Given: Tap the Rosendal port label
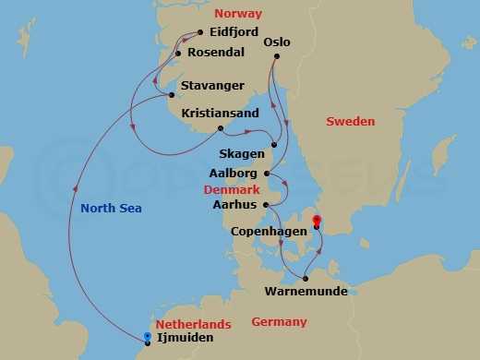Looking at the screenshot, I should (216, 53).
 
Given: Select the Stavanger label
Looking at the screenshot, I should (212, 86).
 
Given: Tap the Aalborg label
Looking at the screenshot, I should (238, 173).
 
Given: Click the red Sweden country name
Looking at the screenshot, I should (352, 121).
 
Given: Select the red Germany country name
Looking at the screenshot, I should (278, 321).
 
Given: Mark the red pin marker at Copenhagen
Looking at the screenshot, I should (316, 221).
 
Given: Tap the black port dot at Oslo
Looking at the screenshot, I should (275, 57).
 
